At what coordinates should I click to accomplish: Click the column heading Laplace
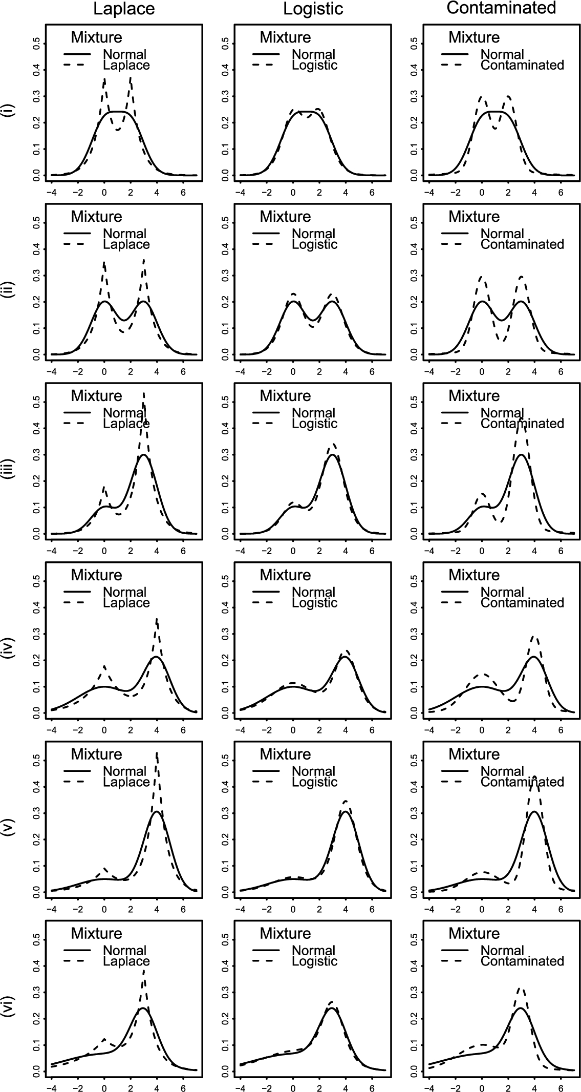point(124,9)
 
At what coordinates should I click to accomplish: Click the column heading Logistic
point(313,9)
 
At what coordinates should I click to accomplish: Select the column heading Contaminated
point(501,8)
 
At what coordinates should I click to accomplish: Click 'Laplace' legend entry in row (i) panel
point(126,66)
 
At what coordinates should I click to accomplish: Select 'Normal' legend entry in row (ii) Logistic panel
point(313,234)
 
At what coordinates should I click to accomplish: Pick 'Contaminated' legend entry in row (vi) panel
point(522,961)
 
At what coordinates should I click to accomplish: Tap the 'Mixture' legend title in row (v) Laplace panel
point(96,754)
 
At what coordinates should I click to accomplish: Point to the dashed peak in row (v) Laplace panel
point(157,753)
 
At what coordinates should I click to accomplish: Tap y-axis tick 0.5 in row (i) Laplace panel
point(36,43)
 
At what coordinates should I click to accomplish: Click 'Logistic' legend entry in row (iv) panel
point(314,603)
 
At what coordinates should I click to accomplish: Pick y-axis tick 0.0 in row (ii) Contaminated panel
point(414,354)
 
